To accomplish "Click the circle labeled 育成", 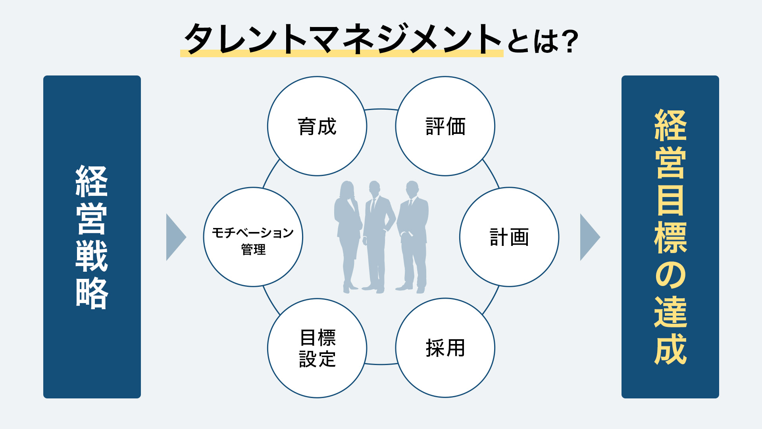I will click(x=317, y=126).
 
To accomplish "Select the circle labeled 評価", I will click(x=445, y=126).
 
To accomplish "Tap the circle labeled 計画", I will click(x=509, y=237).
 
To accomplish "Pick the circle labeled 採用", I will click(x=445, y=348).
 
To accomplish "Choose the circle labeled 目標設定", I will click(x=317, y=348).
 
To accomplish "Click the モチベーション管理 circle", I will click(x=253, y=237).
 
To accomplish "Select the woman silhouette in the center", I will click(x=347, y=234).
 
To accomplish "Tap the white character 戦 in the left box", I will click(x=92, y=256).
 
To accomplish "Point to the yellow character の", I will click(x=670, y=275).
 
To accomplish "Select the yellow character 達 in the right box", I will click(x=670, y=312).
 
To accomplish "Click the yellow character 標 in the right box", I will click(x=670, y=238).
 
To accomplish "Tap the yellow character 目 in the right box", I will click(x=670, y=200).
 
